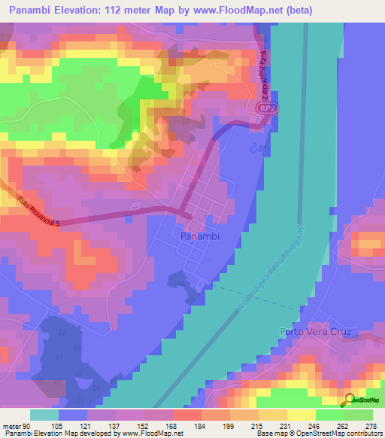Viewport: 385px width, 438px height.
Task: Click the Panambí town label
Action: pos(200,236)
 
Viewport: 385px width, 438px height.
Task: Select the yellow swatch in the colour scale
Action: pos(301,415)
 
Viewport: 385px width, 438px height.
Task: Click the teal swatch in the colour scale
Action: pos(44,415)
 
